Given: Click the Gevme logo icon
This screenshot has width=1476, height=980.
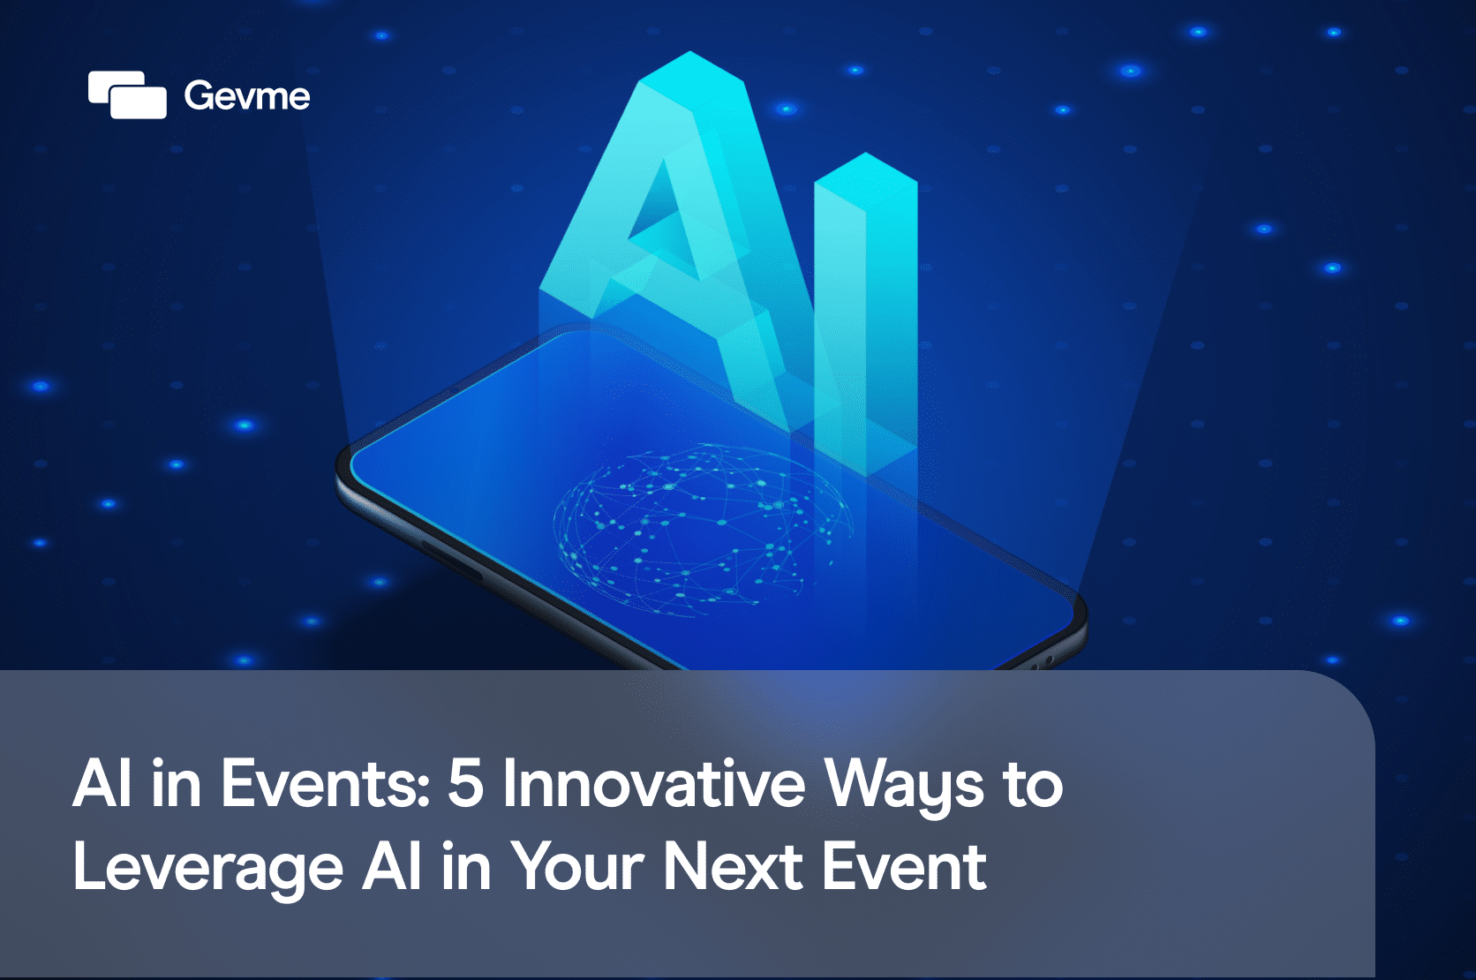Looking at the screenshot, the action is point(127,94).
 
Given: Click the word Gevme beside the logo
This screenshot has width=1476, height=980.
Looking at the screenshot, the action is point(247,96).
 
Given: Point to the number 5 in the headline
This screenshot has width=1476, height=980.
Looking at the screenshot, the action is point(466,784).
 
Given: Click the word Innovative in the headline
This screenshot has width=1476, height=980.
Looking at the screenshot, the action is point(653,783).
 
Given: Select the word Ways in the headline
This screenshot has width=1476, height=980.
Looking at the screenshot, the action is point(904,788).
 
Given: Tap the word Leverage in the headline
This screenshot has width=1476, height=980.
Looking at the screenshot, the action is point(208,870).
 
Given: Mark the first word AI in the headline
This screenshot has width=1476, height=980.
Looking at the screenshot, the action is point(102,783).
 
